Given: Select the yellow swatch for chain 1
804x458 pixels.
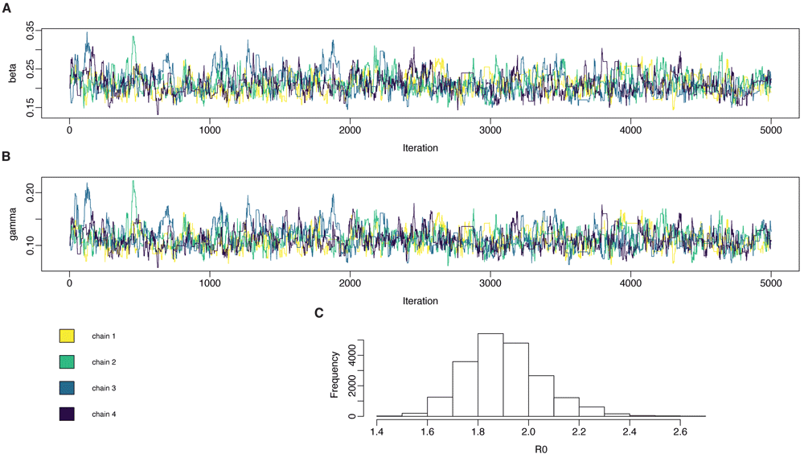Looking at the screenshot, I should (x=67, y=335).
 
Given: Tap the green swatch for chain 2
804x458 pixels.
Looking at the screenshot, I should (x=67, y=361).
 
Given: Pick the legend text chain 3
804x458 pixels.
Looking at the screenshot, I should (x=104, y=388).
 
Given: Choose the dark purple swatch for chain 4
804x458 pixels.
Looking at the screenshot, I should (x=67, y=414).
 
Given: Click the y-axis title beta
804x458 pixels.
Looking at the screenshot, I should (x=12, y=73).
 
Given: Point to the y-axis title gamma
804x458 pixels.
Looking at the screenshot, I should (x=12, y=220).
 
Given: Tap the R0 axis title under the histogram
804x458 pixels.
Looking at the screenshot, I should (x=528, y=448).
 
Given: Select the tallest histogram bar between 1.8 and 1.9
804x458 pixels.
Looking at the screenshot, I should (x=490, y=375).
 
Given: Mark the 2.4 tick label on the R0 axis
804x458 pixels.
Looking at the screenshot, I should (x=630, y=431).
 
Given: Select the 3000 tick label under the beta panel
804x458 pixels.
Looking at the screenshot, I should (x=490, y=129).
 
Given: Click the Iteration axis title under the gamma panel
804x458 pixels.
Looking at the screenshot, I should (x=420, y=301).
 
